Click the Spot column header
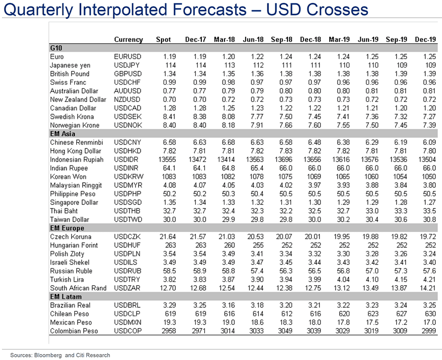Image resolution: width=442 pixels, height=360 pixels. pyautogui.click(x=163, y=39)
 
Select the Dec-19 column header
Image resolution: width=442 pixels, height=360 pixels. pyautogui.click(x=425, y=39)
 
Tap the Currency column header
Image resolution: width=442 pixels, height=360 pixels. pyautogui.click(x=128, y=39)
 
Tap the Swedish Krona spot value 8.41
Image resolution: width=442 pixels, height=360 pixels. pyautogui.click(x=169, y=117)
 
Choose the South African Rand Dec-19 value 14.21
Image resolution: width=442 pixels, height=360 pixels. pyautogui.click(x=426, y=288)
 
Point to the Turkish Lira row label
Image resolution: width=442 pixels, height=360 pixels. pyautogui.click(x=68, y=279)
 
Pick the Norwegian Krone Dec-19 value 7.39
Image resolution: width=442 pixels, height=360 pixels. pyautogui.click(x=428, y=125)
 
